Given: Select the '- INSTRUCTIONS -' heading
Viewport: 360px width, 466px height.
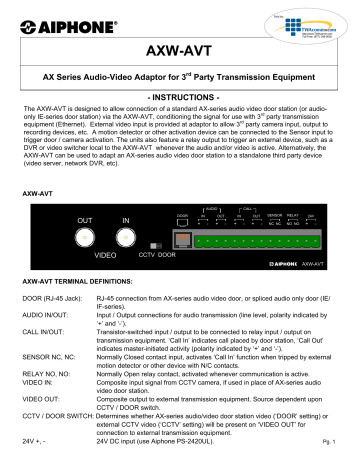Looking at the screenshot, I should [x=181, y=102].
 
